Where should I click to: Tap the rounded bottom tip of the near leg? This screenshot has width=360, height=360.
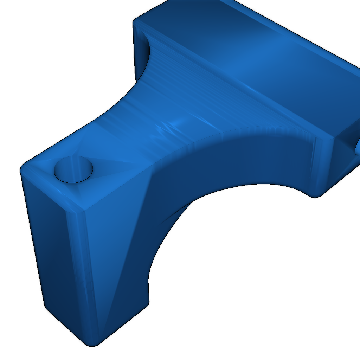coord(92,342)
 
